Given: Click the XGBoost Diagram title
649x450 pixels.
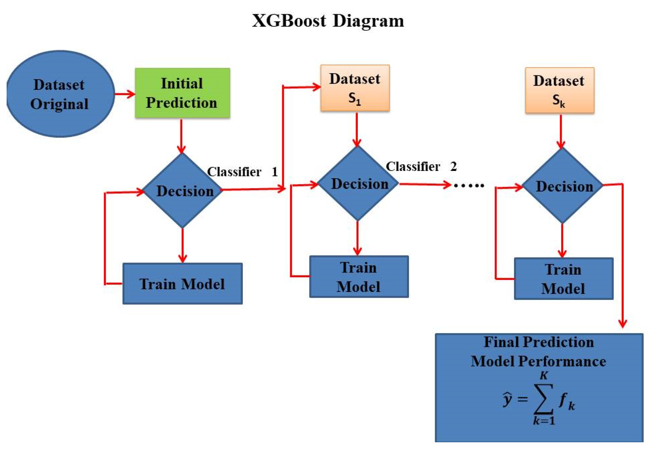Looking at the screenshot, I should click(328, 21).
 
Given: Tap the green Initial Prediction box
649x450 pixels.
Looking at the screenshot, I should click(182, 93).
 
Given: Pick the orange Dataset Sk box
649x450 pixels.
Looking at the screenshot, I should click(559, 90).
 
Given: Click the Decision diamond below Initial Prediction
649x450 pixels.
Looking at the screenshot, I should click(183, 191).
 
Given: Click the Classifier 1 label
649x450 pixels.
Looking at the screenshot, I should click(242, 172).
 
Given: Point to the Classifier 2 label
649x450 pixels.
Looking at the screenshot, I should click(421, 166).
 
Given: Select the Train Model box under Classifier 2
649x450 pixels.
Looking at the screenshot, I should click(359, 277).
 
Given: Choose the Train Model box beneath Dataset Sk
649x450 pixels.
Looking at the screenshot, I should click(563, 278).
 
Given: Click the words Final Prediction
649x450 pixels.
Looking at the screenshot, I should click(538, 342).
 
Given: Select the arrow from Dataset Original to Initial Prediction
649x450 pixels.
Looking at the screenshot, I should click(125, 94).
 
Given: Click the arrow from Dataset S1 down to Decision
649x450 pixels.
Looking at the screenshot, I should click(357, 130).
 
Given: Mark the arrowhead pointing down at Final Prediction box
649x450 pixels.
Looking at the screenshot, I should click(622, 323).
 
